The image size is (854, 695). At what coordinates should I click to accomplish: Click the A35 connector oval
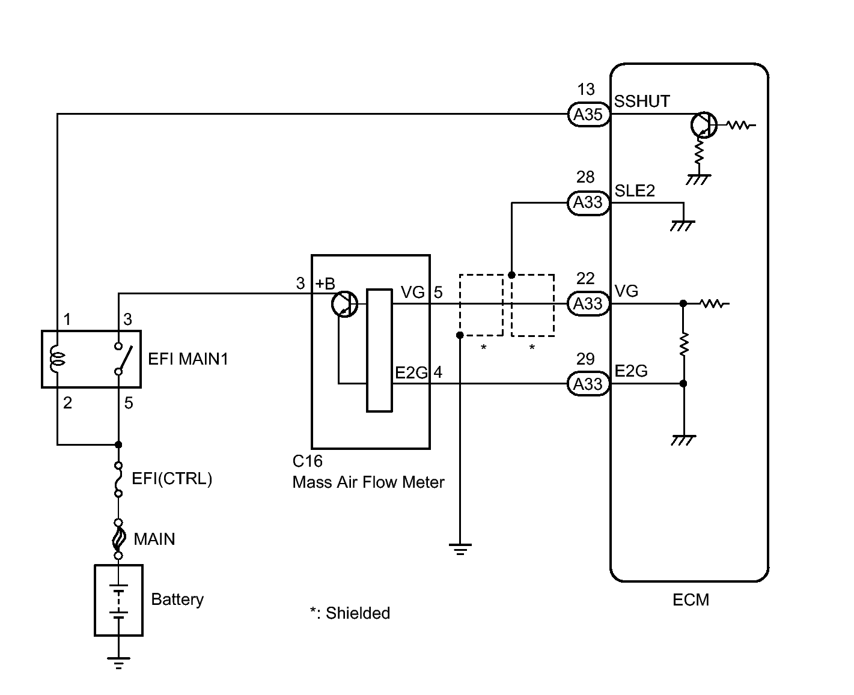[x=588, y=114]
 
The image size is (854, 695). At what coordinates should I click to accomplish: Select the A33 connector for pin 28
[x=588, y=203]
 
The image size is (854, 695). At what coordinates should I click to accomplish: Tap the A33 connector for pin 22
[x=588, y=303]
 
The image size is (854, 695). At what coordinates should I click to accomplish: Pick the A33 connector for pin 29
[x=588, y=384]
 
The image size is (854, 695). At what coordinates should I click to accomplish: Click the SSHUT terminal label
[x=642, y=101]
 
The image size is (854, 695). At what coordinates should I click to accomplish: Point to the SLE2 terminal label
[x=635, y=191]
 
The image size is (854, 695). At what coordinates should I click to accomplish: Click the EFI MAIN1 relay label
[x=188, y=359]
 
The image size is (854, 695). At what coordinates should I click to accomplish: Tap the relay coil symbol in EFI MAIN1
[x=57, y=359]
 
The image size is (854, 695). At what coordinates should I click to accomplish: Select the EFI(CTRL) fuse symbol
[x=118, y=479]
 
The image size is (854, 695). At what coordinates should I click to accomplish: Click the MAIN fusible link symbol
[x=118, y=539]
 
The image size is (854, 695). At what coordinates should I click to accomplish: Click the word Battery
[x=177, y=599]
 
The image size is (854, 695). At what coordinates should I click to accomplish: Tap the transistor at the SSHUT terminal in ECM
[x=704, y=125]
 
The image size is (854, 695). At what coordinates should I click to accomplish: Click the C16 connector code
[x=307, y=461]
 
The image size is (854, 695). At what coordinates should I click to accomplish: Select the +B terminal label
[x=325, y=284]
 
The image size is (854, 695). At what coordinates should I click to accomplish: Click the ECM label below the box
[x=691, y=600]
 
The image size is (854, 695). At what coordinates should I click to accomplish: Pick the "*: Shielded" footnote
[x=350, y=613]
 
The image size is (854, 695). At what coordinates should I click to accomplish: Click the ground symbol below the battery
[x=118, y=663]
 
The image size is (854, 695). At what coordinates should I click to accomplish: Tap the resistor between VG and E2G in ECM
[x=683, y=344]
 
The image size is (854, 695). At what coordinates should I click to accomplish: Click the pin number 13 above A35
[x=586, y=90]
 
